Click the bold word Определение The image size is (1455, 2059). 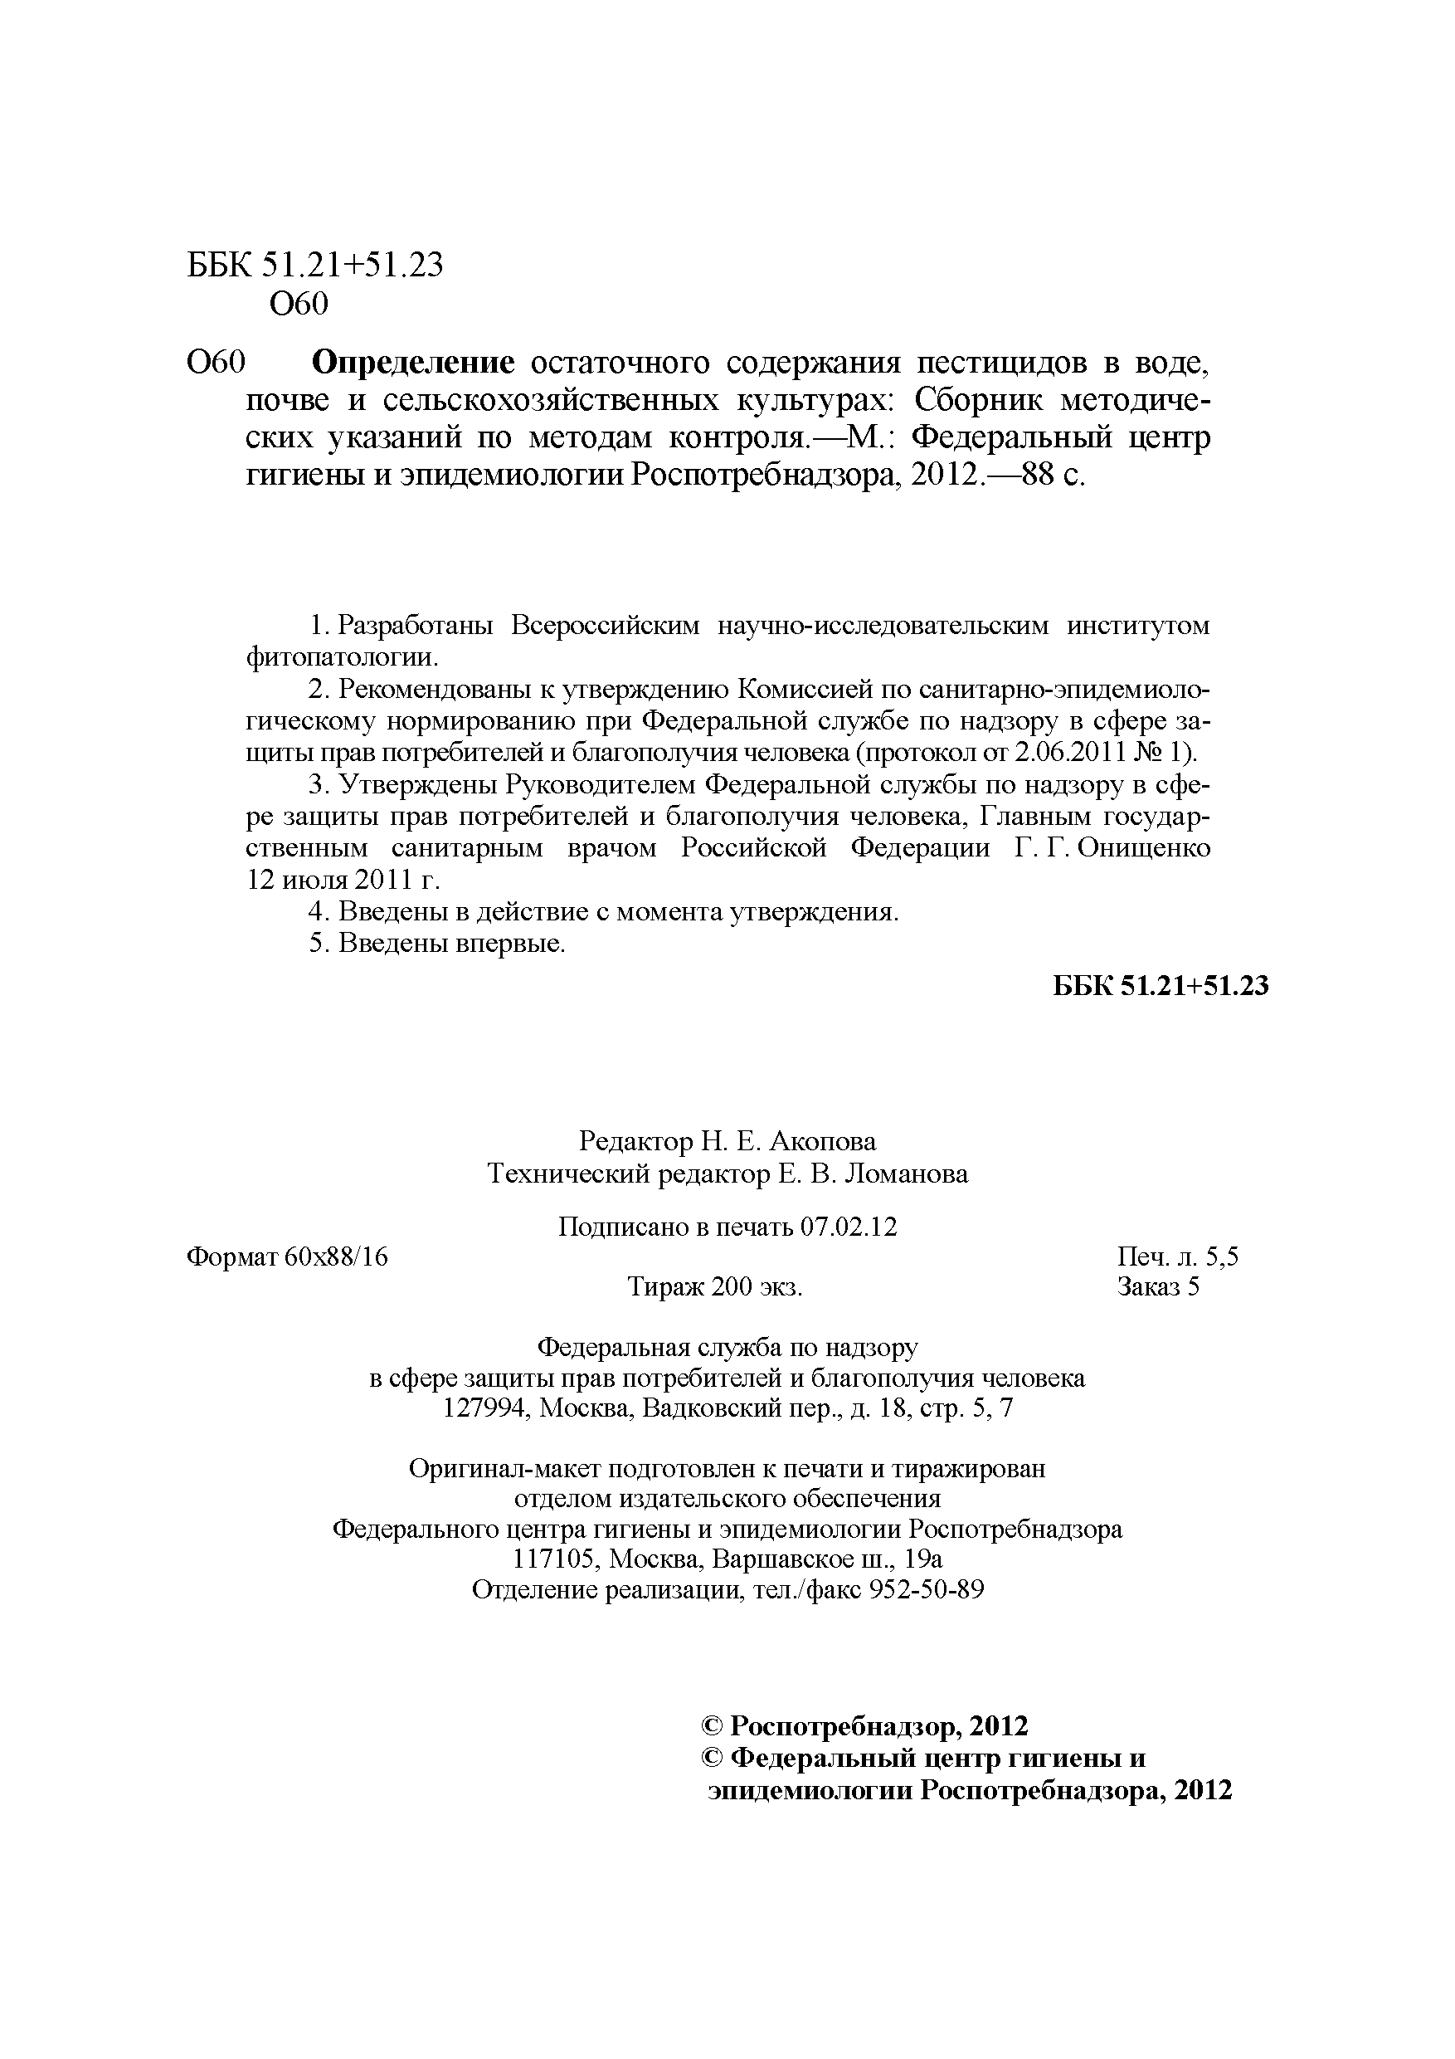click(x=413, y=363)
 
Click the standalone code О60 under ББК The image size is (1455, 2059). click(x=299, y=305)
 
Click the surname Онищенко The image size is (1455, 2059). click(x=1144, y=847)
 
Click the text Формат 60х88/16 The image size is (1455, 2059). click(x=287, y=1257)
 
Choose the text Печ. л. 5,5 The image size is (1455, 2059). click(x=1177, y=1257)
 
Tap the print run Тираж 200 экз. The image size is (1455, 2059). click(x=714, y=1287)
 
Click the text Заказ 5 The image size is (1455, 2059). click(x=1157, y=1287)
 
